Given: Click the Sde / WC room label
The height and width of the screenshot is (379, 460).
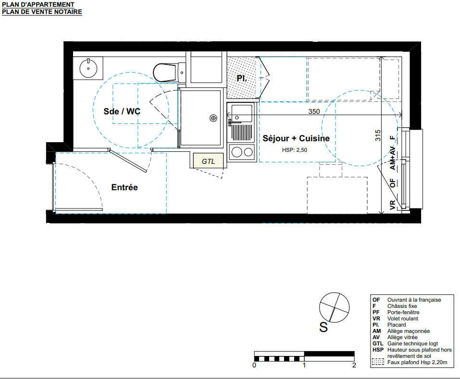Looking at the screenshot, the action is [x=122, y=111].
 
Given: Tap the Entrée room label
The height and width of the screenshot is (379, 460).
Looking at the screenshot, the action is [x=124, y=187].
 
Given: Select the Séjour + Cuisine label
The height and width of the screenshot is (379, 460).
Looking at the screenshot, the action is [x=296, y=138].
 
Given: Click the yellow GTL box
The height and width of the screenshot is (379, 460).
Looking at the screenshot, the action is [x=208, y=161].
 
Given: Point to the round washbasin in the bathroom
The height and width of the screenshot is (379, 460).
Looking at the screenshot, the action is [x=88, y=68].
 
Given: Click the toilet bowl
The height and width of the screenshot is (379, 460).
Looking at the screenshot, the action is [x=164, y=73].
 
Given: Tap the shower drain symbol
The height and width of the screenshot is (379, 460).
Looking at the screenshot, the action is [x=213, y=118].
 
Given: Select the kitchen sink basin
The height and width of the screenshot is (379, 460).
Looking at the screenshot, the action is [x=242, y=113].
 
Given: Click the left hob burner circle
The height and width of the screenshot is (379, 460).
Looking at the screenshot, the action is [x=236, y=152].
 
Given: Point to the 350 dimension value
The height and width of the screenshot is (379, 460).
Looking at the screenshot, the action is [x=314, y=111].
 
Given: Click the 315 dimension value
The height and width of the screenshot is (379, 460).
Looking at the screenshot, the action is [x=377, y=135].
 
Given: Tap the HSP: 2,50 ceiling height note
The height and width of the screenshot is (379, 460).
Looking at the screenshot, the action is [x=295, y=150].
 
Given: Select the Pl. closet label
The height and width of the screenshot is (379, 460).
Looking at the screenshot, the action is [x=241, y=78].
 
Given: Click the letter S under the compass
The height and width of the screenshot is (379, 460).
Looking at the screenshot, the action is [x=323, y=327].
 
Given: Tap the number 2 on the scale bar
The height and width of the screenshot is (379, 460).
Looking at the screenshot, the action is [x=354, y=365].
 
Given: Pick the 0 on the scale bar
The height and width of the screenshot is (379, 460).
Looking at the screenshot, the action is [x=254, y=365].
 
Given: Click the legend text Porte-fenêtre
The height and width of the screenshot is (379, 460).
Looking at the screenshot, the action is [x=403, y=312].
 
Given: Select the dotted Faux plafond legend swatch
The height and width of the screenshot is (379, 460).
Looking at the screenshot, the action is [x=378, y=362].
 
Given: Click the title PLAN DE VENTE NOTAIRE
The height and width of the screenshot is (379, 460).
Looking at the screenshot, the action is [x=42, y=12].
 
